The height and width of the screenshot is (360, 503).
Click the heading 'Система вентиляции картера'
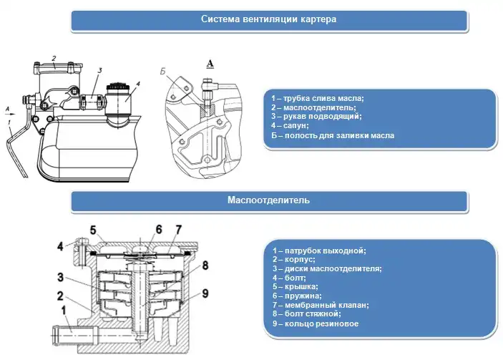(268, 19)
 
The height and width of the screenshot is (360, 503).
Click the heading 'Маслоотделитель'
(268, 200)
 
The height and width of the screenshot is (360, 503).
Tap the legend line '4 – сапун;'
(293, 125)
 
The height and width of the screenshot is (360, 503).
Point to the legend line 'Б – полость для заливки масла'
(333, 135)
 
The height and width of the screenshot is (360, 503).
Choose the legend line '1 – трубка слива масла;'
(318, 97)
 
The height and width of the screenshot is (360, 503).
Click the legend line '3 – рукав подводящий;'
(316, 116)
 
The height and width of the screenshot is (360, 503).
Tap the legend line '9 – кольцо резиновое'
(316, 323)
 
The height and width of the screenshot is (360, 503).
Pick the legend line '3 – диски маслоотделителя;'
(327, 268)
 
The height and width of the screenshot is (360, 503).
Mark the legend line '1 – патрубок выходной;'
(319, 250)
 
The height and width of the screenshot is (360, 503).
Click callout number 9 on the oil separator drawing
(205, 292)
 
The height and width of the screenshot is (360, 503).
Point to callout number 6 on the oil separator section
(159, 229)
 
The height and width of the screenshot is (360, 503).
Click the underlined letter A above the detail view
(210, 63)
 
